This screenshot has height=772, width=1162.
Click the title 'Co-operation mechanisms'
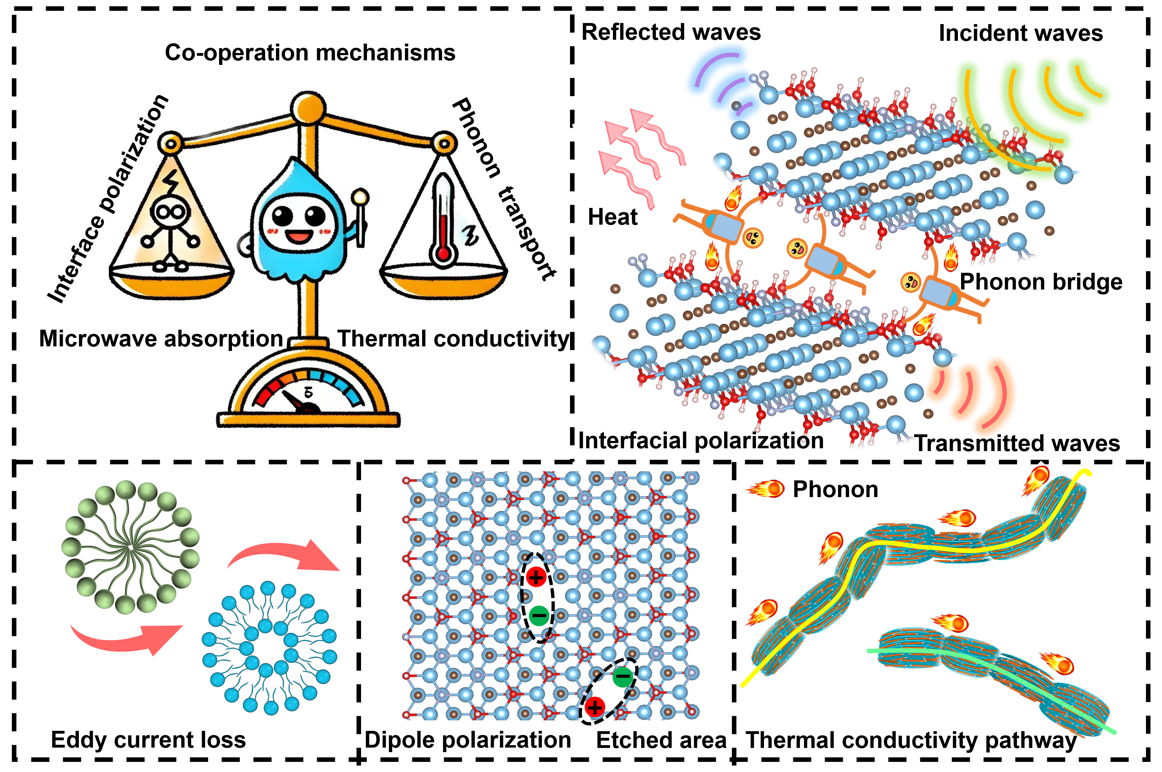[310, 53]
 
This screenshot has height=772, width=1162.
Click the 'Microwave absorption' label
[161, 339]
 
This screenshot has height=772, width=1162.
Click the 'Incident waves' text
[1021, 33]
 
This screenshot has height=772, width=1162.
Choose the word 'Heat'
[613, 217]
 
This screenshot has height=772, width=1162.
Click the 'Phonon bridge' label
[1041, 282]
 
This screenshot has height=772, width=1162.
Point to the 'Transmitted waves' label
[1017, 443]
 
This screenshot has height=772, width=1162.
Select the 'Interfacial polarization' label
[700, 441]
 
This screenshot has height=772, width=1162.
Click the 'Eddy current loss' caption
[148, 740]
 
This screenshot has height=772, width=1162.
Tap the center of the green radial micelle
[130, 547]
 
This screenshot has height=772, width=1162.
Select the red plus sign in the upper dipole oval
[536, 577]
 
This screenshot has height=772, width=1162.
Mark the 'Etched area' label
[661, 740]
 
